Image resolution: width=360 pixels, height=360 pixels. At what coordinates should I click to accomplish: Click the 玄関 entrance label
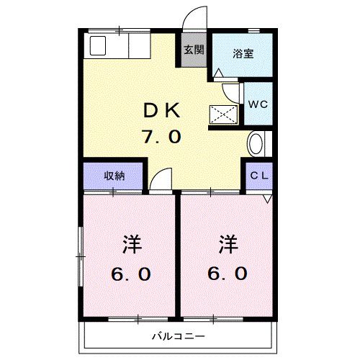[193, 50]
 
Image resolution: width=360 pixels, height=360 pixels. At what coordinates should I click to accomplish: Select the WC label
[257, 102]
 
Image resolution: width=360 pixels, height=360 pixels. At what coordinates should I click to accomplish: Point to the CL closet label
[259, 176]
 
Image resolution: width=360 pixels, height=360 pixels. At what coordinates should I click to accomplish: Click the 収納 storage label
[113, 176]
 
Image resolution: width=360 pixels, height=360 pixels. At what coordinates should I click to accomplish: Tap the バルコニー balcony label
[178, 336]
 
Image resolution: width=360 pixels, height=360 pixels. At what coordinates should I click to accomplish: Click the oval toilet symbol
[255, 144]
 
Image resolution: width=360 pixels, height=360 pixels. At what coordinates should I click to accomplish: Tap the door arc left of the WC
[233, 93]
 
